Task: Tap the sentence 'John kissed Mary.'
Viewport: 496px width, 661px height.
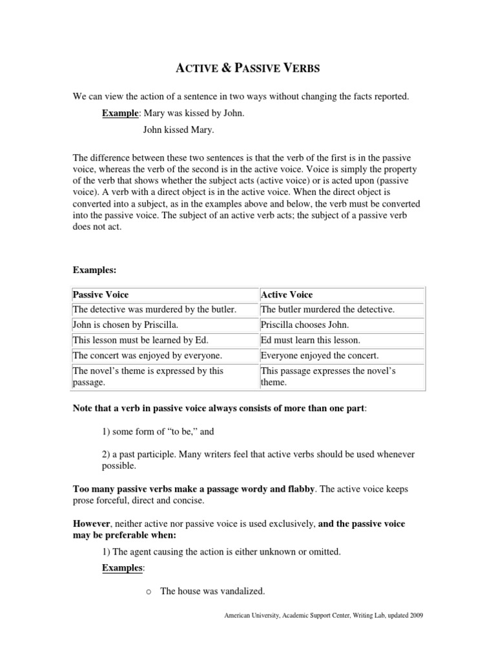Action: (178, 129)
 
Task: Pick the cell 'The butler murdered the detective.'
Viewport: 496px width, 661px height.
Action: (327, 310)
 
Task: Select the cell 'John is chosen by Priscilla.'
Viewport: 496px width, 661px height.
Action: (127, 325)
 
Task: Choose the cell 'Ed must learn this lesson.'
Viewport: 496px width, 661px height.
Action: (310, 340)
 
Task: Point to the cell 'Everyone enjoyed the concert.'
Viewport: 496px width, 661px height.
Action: (320, 356)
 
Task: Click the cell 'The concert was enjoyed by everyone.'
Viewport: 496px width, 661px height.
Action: (147, 356)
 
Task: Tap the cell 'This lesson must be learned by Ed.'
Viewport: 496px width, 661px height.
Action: (141, 340)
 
